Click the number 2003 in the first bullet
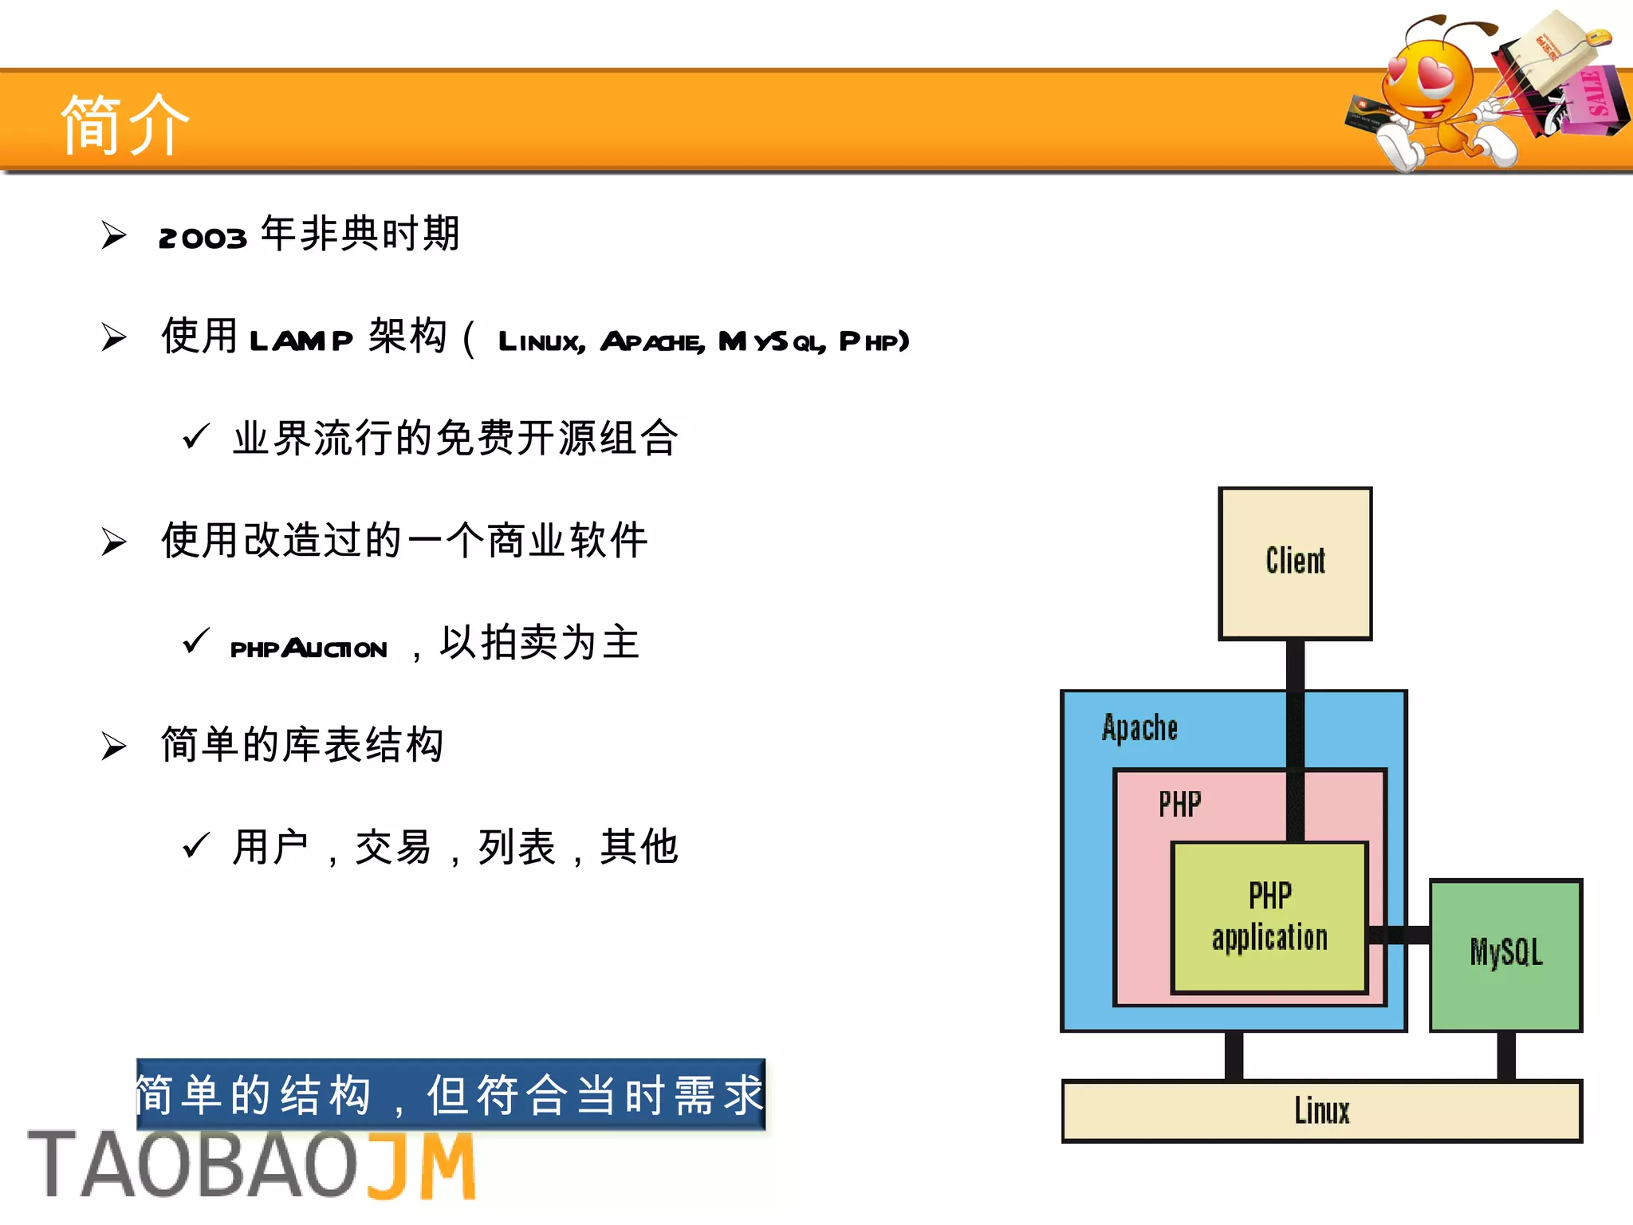[x=203, y=238]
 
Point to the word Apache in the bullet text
[x=651, y=342]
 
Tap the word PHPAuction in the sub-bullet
[x=309, y=648]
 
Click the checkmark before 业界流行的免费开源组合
[x=195, y=436]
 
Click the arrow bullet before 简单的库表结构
[x=114, y=746]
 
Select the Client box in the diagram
[x=1295, y=563]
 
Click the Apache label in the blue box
[x=1139, y=728]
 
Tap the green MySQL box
[x=1505, y=955]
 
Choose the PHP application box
[x=1269, y=917]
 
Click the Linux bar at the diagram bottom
[x=1321, y=1111]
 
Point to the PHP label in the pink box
[x=1179, y=805]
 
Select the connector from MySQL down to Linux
[x=1505, y=1056]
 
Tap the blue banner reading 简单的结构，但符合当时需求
[x=451, y=1094]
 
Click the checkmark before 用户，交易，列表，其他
[x=195, y=845]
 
